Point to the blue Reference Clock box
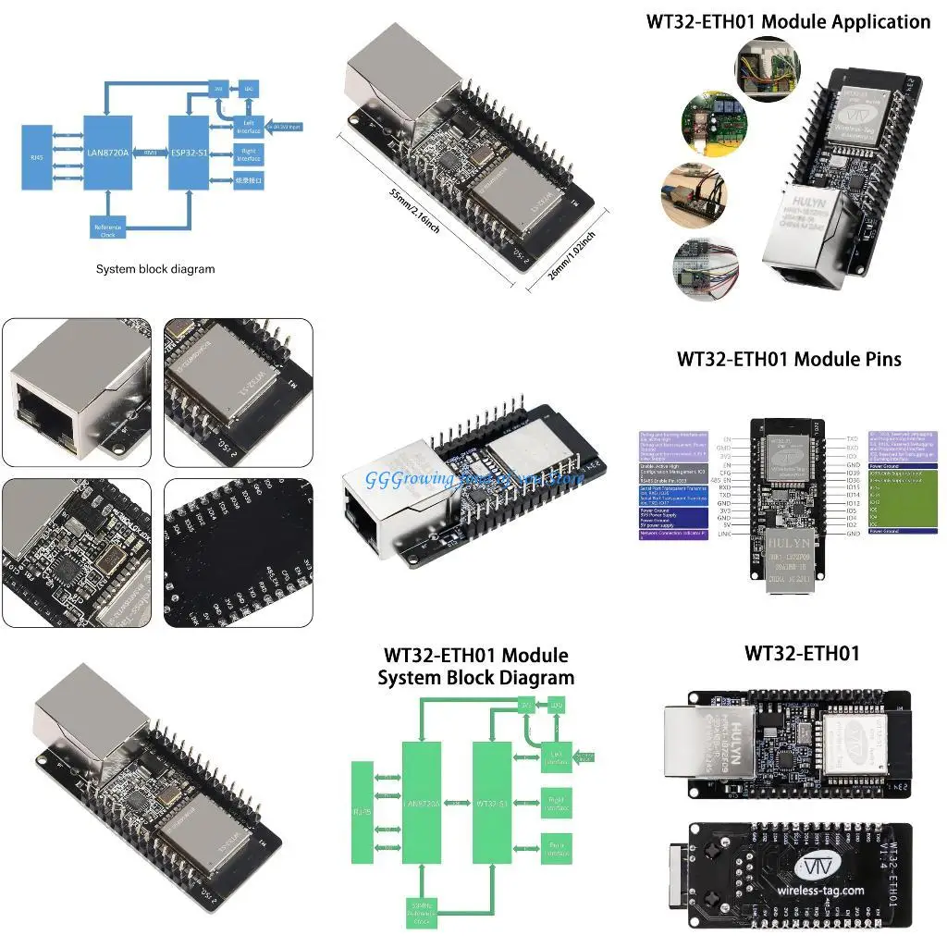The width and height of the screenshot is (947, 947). click(x=108, y=228)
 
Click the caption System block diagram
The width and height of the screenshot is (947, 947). click(x=155, y=269)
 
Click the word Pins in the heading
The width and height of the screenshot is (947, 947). click(x=879, y=358)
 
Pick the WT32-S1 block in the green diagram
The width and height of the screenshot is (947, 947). click(x=491, y=801)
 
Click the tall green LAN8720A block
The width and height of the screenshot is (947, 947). click(x=421, y=801)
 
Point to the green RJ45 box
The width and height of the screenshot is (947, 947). click(x=362, y=812)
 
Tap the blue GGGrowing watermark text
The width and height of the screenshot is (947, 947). click(x=462, y=479)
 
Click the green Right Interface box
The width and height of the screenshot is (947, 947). click(x=556, y=803)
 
